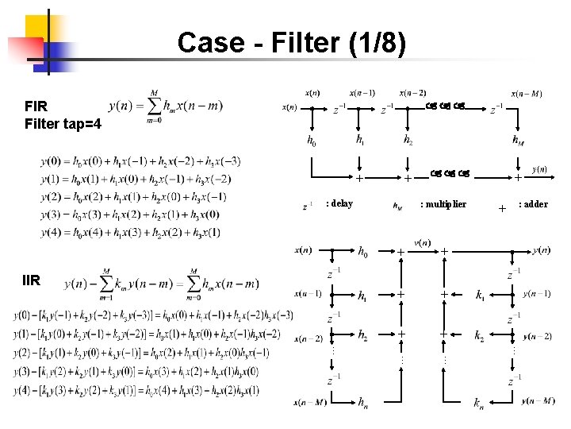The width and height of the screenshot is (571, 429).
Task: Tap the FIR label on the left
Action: point(36,105)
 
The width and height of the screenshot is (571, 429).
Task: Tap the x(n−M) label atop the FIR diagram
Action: point(527,93)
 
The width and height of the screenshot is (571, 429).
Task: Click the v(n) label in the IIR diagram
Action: point(422,242)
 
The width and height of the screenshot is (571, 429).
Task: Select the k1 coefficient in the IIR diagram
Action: point(481,296)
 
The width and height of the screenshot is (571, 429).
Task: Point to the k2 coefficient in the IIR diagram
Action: point(479,336)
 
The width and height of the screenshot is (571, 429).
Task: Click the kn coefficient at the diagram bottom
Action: point(478,406)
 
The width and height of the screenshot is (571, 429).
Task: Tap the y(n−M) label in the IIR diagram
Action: point(538,400)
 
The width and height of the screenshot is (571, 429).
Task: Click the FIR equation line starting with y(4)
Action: point(130,232)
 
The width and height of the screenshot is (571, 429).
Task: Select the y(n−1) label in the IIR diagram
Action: point(537,293)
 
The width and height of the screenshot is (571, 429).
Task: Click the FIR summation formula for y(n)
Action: point(167,105)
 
